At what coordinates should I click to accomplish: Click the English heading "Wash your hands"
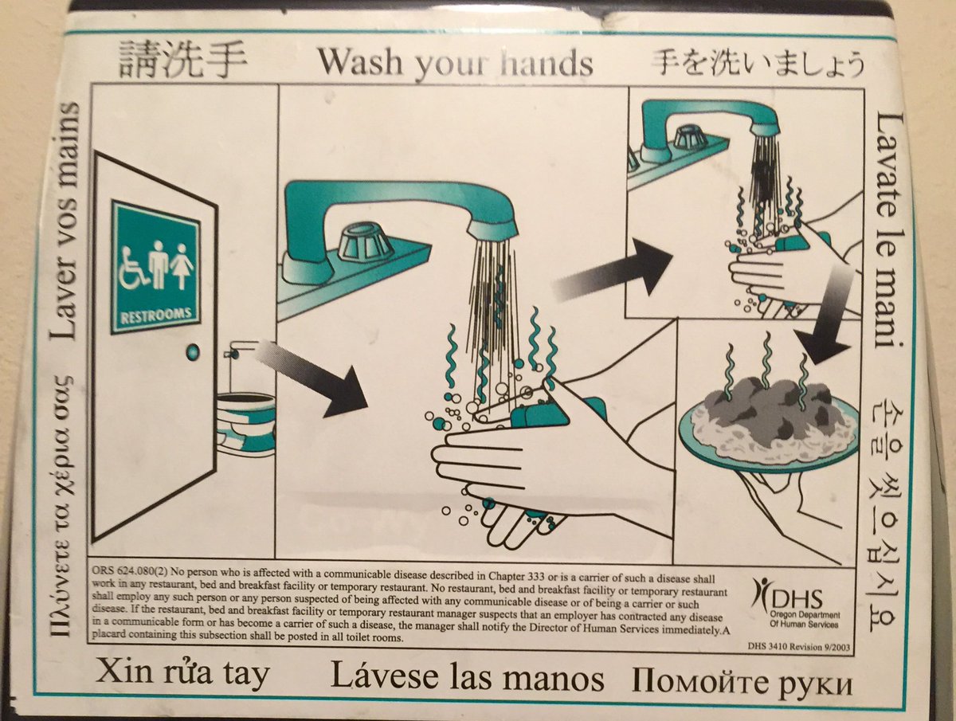[x=456, y=63]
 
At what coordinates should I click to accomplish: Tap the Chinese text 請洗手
[x=183, y=59]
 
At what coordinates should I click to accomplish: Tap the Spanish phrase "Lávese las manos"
[x=467, y=677]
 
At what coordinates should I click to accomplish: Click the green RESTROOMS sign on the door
[x=156, y=266]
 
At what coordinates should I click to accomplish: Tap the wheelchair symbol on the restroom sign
[x=132, y=269]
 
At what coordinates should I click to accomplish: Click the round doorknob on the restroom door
[x=193, y=352]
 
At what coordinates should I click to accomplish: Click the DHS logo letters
[x=798, y=600]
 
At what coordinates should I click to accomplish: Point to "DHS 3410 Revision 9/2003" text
[x=798, y=647]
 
